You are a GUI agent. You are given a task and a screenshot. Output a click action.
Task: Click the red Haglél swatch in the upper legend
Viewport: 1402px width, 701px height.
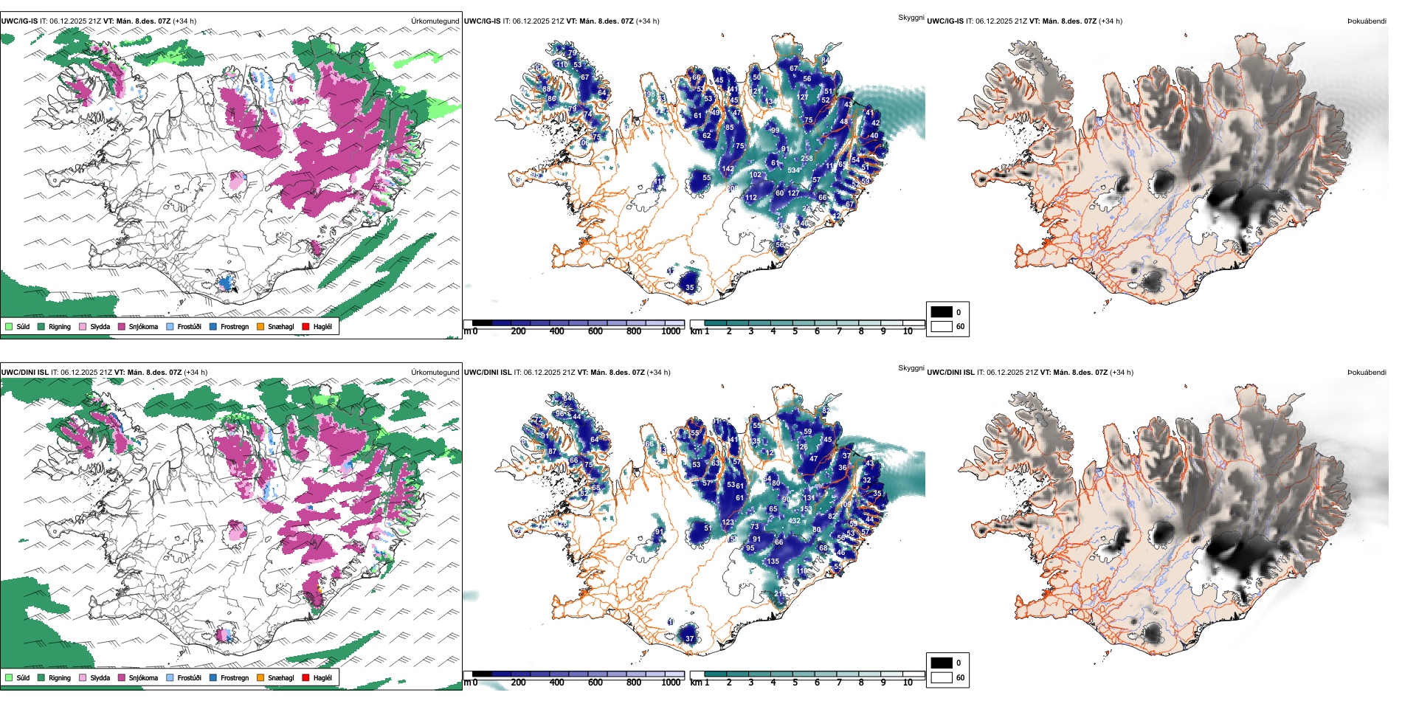click(x=306, y=326)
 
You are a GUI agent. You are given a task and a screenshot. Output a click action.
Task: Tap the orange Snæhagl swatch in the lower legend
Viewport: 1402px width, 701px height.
click(x=260, y=677)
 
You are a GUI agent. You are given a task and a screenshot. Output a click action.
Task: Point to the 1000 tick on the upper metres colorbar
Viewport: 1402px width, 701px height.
click(x=671, y=331)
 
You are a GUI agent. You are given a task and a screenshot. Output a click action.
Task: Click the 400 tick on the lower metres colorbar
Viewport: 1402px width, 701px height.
click(x=556, y=683)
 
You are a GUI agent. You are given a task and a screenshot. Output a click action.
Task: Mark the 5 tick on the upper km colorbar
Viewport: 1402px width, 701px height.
click(x=795, y=331)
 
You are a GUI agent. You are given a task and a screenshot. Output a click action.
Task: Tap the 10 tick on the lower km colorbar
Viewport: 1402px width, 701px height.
click(x=908, y=683)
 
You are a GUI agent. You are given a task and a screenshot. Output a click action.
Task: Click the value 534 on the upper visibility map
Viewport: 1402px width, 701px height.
click(x=794, y=170)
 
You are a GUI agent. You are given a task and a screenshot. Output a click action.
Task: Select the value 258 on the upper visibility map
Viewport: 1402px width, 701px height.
click(x=807, y=159)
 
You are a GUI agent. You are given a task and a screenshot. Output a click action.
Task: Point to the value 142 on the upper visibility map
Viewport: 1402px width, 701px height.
click(x=728, y=169)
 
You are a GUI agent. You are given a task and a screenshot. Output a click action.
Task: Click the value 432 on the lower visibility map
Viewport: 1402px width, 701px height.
click(x=795, y=521)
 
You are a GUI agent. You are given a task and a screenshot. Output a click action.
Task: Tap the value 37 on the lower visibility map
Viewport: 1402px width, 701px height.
click(x=690, y=639)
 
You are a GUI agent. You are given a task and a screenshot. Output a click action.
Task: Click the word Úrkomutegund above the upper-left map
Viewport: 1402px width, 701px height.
click(x=435, y=21)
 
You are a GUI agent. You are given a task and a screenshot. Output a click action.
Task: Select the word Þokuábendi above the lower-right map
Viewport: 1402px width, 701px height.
click(x=1367, y=373)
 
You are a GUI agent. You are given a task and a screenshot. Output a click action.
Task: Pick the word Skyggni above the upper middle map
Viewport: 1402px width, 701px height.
click(x=911, y=17)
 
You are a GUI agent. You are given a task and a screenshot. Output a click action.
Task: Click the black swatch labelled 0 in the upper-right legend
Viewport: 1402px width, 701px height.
click(x=942, y=311)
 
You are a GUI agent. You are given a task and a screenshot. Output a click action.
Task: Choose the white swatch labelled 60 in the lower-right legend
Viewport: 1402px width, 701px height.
click(x=942, y=677)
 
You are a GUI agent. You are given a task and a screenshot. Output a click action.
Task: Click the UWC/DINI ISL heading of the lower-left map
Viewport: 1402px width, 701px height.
click(x=24, y=373)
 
